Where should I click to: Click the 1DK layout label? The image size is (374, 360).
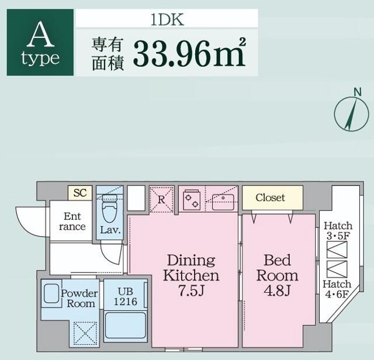(x=167, y=19)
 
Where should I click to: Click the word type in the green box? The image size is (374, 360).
(x=40, y=58)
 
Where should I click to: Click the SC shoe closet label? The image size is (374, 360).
(x=80, y=193)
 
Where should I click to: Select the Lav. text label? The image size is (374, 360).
(x=110, y=230)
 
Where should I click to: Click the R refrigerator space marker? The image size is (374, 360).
(x=161, y=199)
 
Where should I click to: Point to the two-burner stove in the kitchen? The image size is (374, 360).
(x=192, y=200)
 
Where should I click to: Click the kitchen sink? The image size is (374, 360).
(x=223, y=202)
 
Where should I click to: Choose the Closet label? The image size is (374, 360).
(x=271, y=198)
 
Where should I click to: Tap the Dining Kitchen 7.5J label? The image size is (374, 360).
(x=191, y=275)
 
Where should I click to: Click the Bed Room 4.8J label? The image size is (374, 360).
(x=277, y=275)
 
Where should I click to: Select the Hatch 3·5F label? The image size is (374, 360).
(x=338, y=231)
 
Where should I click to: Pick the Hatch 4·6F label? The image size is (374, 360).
(x=338, y=289)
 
